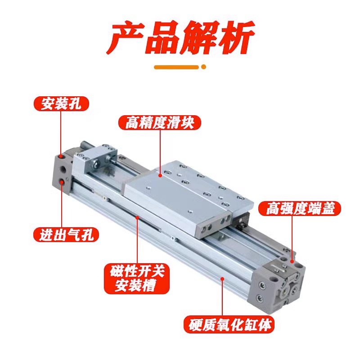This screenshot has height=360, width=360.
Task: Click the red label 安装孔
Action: click(62, 104)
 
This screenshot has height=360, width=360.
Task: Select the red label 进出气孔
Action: click(66, 234)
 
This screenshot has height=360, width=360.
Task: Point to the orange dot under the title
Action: click(203, 67)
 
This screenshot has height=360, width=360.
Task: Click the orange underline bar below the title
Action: click(176, 67)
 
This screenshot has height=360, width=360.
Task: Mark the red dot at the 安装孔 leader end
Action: click(62, 156)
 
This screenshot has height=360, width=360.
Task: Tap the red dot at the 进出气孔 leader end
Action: click(62, 181)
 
